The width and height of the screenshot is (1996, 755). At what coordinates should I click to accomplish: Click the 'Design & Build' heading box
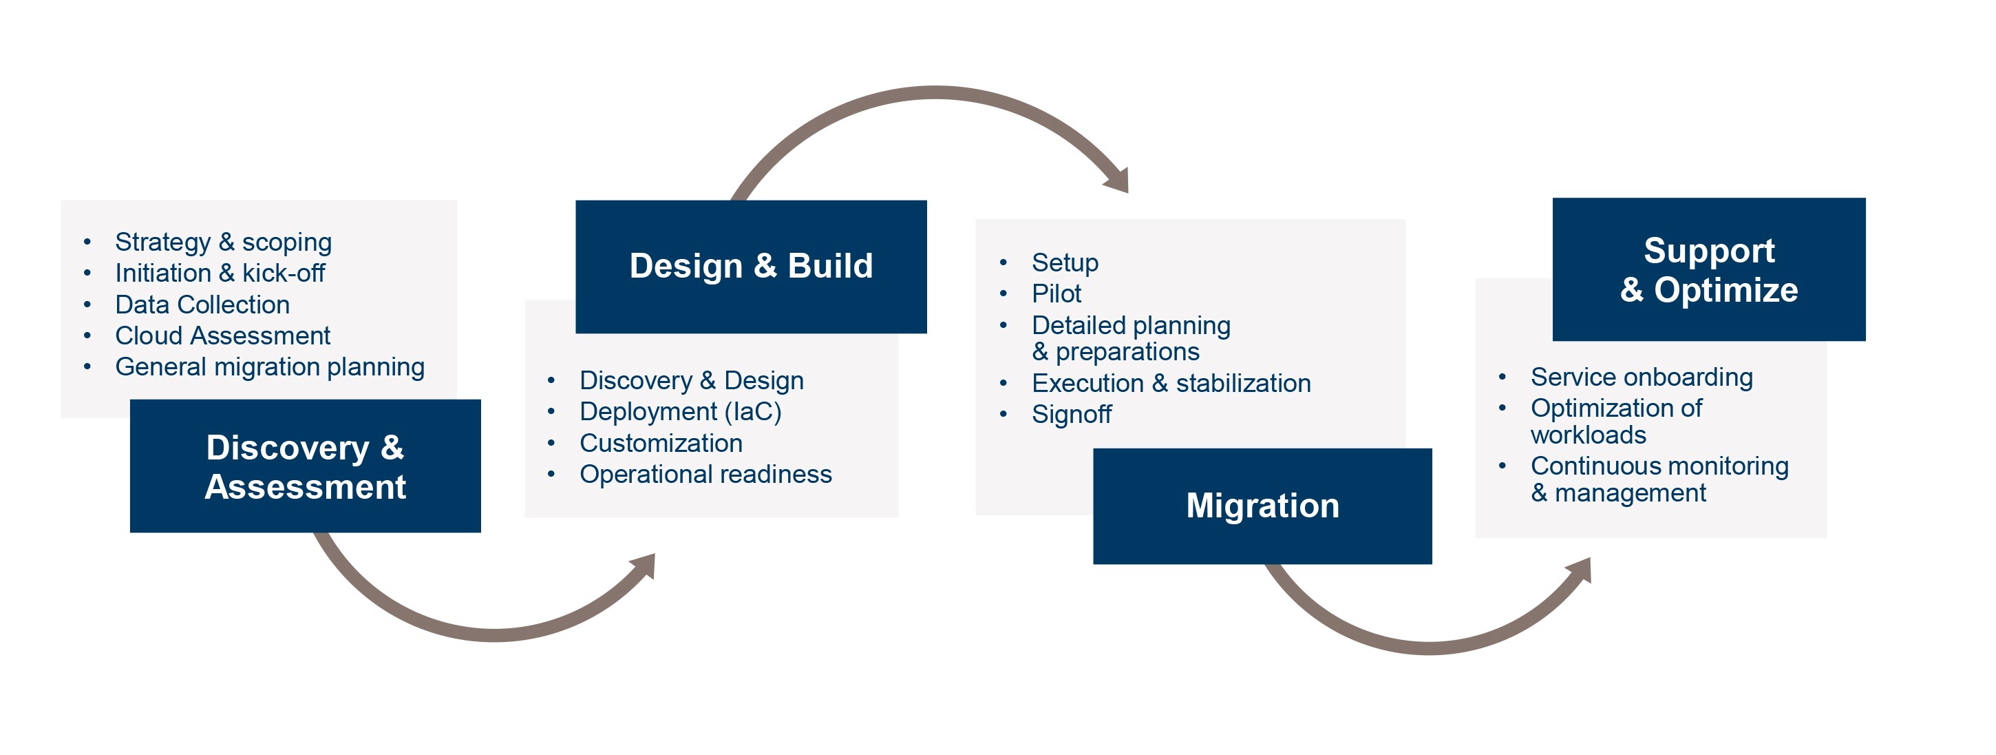[x=750, y=266]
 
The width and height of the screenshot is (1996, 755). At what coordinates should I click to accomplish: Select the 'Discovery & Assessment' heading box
[x=306, y=466]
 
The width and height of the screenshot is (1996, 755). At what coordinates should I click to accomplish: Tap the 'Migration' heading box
[x=1262, y=506]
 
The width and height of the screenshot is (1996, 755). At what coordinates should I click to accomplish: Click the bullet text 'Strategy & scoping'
[x=223, y=242]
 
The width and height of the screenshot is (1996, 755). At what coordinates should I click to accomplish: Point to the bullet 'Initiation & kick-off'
[x=220, y=273]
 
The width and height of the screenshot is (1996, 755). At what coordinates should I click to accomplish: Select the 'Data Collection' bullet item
[x=202, y=304]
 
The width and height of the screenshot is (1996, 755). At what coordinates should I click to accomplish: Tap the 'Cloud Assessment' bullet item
[x=222, y=335]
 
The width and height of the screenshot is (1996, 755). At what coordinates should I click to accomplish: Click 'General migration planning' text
[x=270, y=366]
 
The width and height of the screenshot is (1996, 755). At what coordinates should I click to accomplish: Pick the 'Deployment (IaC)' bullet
[x=680, y=412]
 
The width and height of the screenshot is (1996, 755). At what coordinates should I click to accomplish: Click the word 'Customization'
[x=661, y=443]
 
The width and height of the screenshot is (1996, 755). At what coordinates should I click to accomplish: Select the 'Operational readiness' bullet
[x=705, y=474]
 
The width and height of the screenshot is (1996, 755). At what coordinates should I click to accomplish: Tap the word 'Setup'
[x=1065, y=262]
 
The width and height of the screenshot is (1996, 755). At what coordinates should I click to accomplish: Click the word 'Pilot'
[x=1056, y=293]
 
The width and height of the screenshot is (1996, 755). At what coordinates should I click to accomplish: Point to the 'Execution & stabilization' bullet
[x=1171, y=383]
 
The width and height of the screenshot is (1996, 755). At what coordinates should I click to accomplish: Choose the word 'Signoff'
[x=1071, y=414]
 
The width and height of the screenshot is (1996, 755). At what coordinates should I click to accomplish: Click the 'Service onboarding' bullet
[x=1641, y=377]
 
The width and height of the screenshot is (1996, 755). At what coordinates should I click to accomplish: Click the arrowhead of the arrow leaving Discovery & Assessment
[x=646, y=564]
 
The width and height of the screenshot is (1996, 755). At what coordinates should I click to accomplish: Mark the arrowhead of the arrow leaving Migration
[x=1581, y=569]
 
